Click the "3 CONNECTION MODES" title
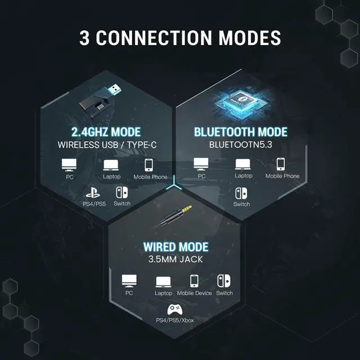coord(180,38)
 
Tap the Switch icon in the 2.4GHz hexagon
coord(121,192)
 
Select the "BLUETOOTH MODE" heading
coord(241,132)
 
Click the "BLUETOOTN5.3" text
coord(241,144)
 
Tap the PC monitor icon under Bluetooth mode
coord(201,164)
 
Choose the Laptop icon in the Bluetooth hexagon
coord(243,164)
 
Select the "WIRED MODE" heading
coord(175,247)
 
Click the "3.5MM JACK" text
coord(175,259)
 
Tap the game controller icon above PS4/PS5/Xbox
coord(175,309)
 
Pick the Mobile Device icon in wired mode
coord(194,281)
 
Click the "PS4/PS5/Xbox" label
coord(175,321)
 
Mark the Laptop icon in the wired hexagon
coord(164,281)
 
